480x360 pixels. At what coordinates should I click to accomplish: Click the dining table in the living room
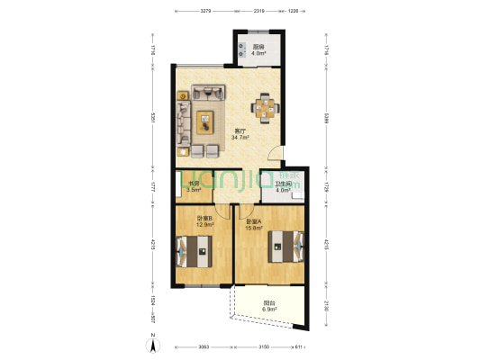pos(265,109)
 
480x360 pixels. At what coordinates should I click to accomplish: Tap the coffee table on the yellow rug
pos(206,121)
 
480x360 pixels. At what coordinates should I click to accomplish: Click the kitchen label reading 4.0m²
pos(258,54)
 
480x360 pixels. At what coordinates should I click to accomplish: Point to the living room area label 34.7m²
pos(240,138)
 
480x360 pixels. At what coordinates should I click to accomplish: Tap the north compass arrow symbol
pos(153,343)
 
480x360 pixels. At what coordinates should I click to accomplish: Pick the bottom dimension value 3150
pos(264,346)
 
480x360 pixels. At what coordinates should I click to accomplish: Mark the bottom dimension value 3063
pos(204,346)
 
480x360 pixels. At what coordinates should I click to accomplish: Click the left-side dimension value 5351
pos(154,117)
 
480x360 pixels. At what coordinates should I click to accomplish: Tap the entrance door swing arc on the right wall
pos(275,154)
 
